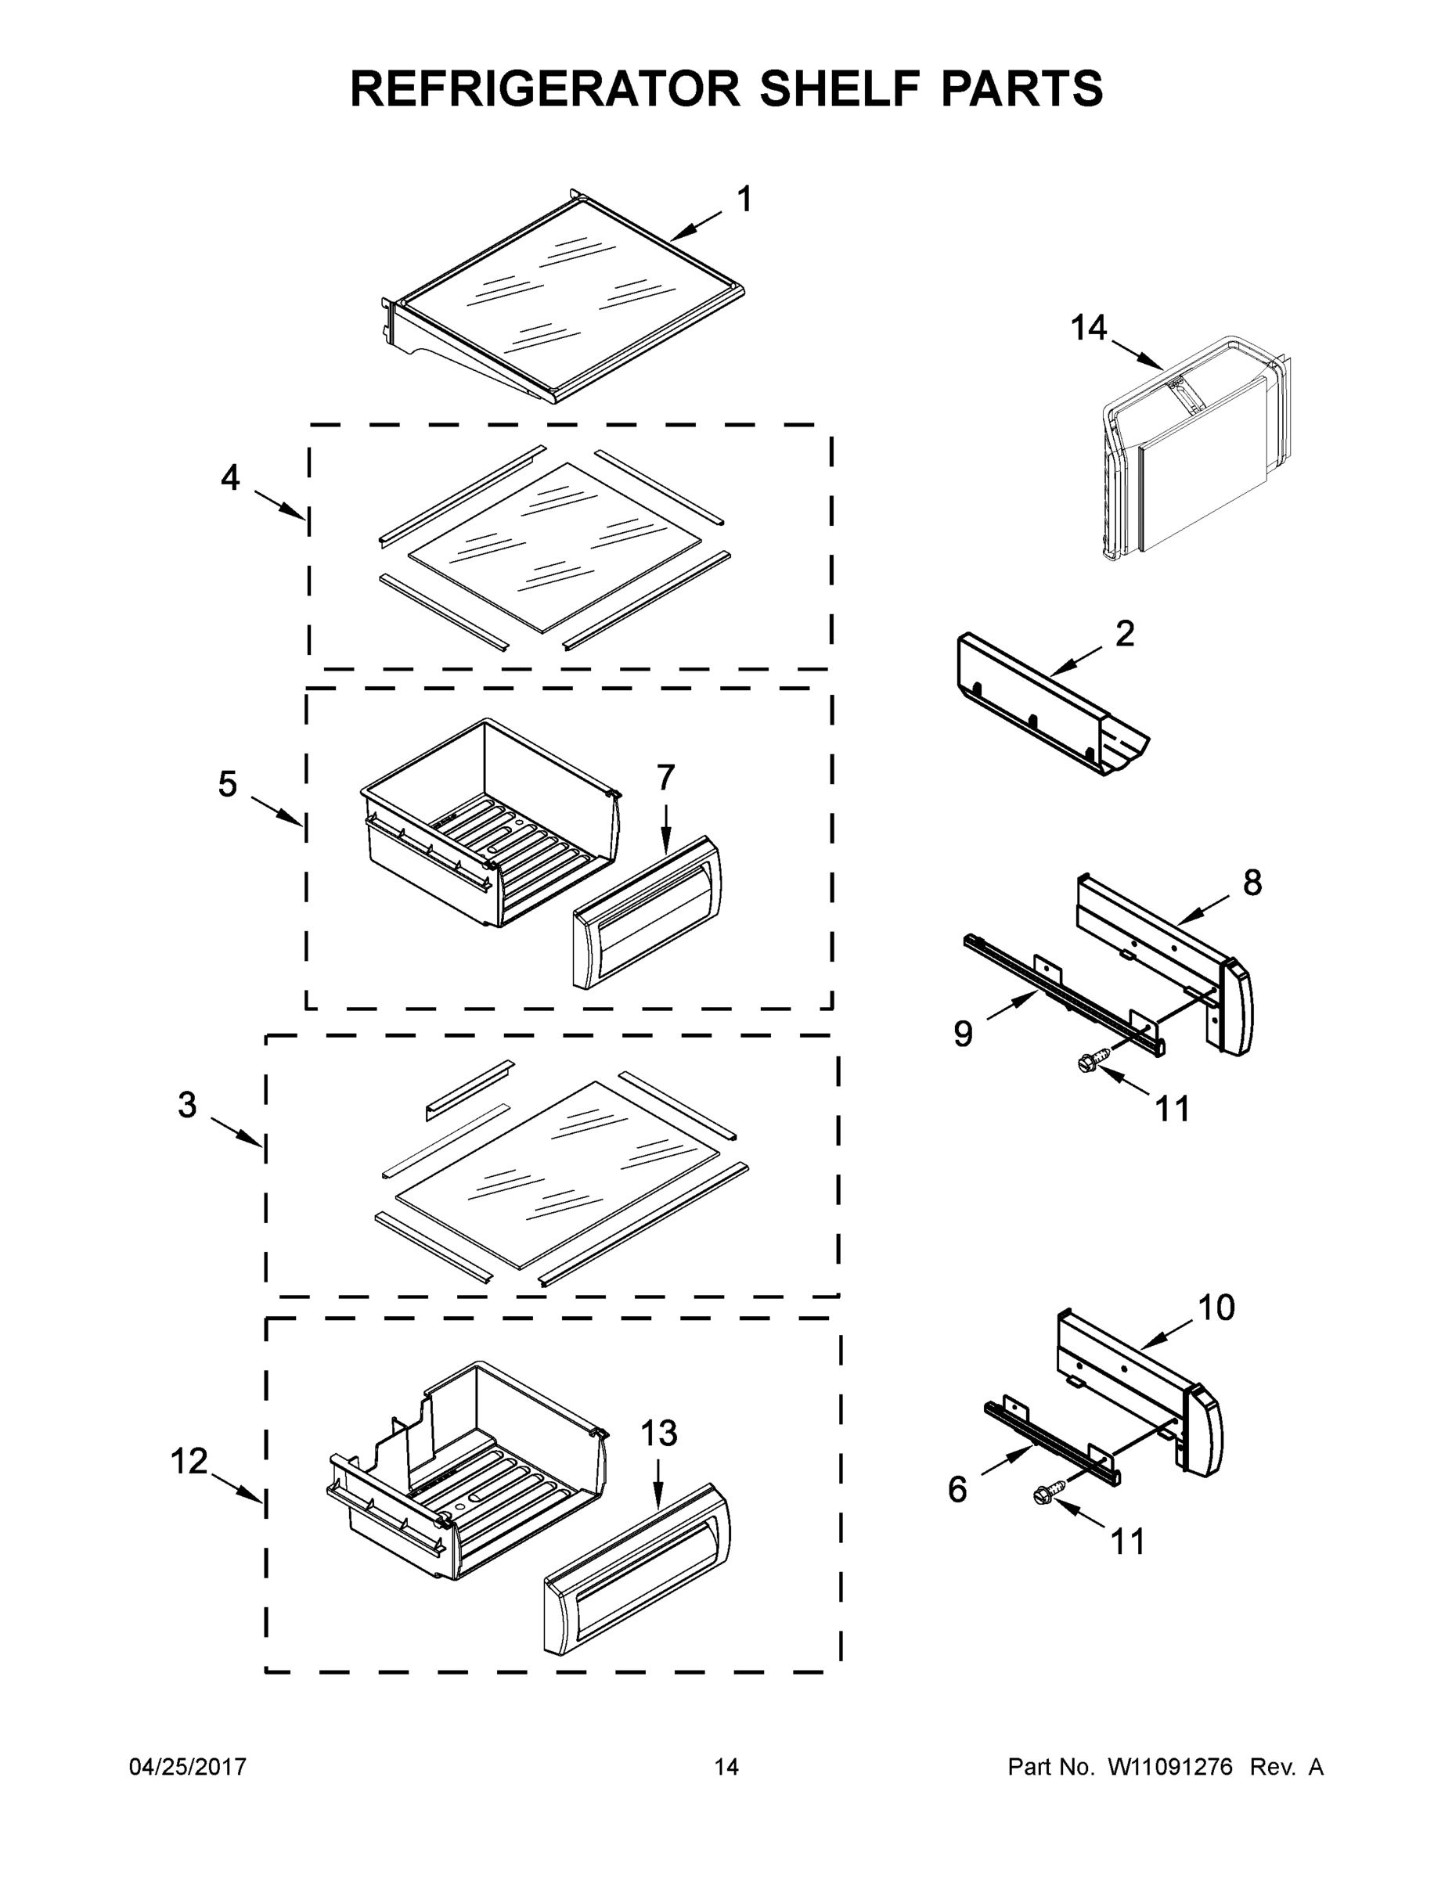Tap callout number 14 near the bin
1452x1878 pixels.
[1088, 328]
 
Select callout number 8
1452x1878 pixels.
[1252, 882]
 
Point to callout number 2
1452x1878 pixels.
[1124, 635]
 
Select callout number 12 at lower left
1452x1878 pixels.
[189, 1461]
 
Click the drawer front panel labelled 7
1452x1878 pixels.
[647, 913]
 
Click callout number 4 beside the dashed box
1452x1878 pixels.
[229, 477]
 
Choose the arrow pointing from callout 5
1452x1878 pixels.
[277, 811]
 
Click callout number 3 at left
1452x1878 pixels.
[186, 1105]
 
